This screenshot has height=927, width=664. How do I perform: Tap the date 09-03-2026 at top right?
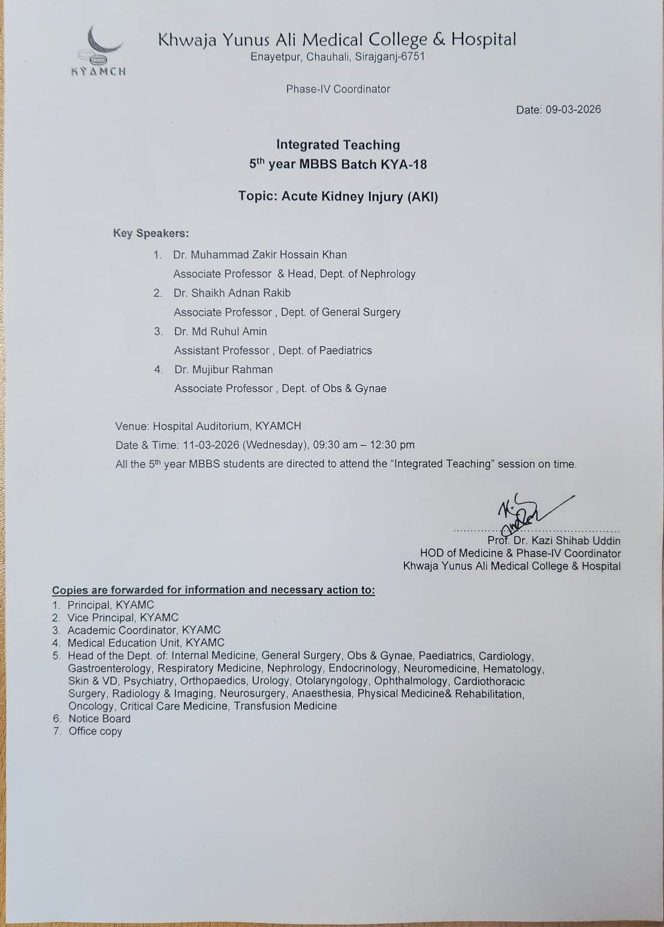[x=573, y=110]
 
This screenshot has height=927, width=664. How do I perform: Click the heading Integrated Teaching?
[x=338, y=145]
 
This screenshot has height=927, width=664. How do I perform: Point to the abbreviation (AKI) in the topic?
[x=422, y=196]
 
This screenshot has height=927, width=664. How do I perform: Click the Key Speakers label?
[x=150, y=234]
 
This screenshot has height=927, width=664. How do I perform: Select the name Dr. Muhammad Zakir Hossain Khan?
[x=259, y=255]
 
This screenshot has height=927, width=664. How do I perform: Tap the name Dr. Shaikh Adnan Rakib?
[x=232, y=293]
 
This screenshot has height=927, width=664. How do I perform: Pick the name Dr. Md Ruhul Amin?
[x=221, y=331]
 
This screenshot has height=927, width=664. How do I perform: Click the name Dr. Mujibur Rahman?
[x=224, y=369]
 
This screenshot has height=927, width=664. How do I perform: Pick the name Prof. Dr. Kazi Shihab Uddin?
[x=554, y=541]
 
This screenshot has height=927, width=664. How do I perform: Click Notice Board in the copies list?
[x=99, y=719]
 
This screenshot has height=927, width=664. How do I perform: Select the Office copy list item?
[x=95, y=731]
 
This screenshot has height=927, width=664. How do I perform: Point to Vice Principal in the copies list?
[x=101, y=617]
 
